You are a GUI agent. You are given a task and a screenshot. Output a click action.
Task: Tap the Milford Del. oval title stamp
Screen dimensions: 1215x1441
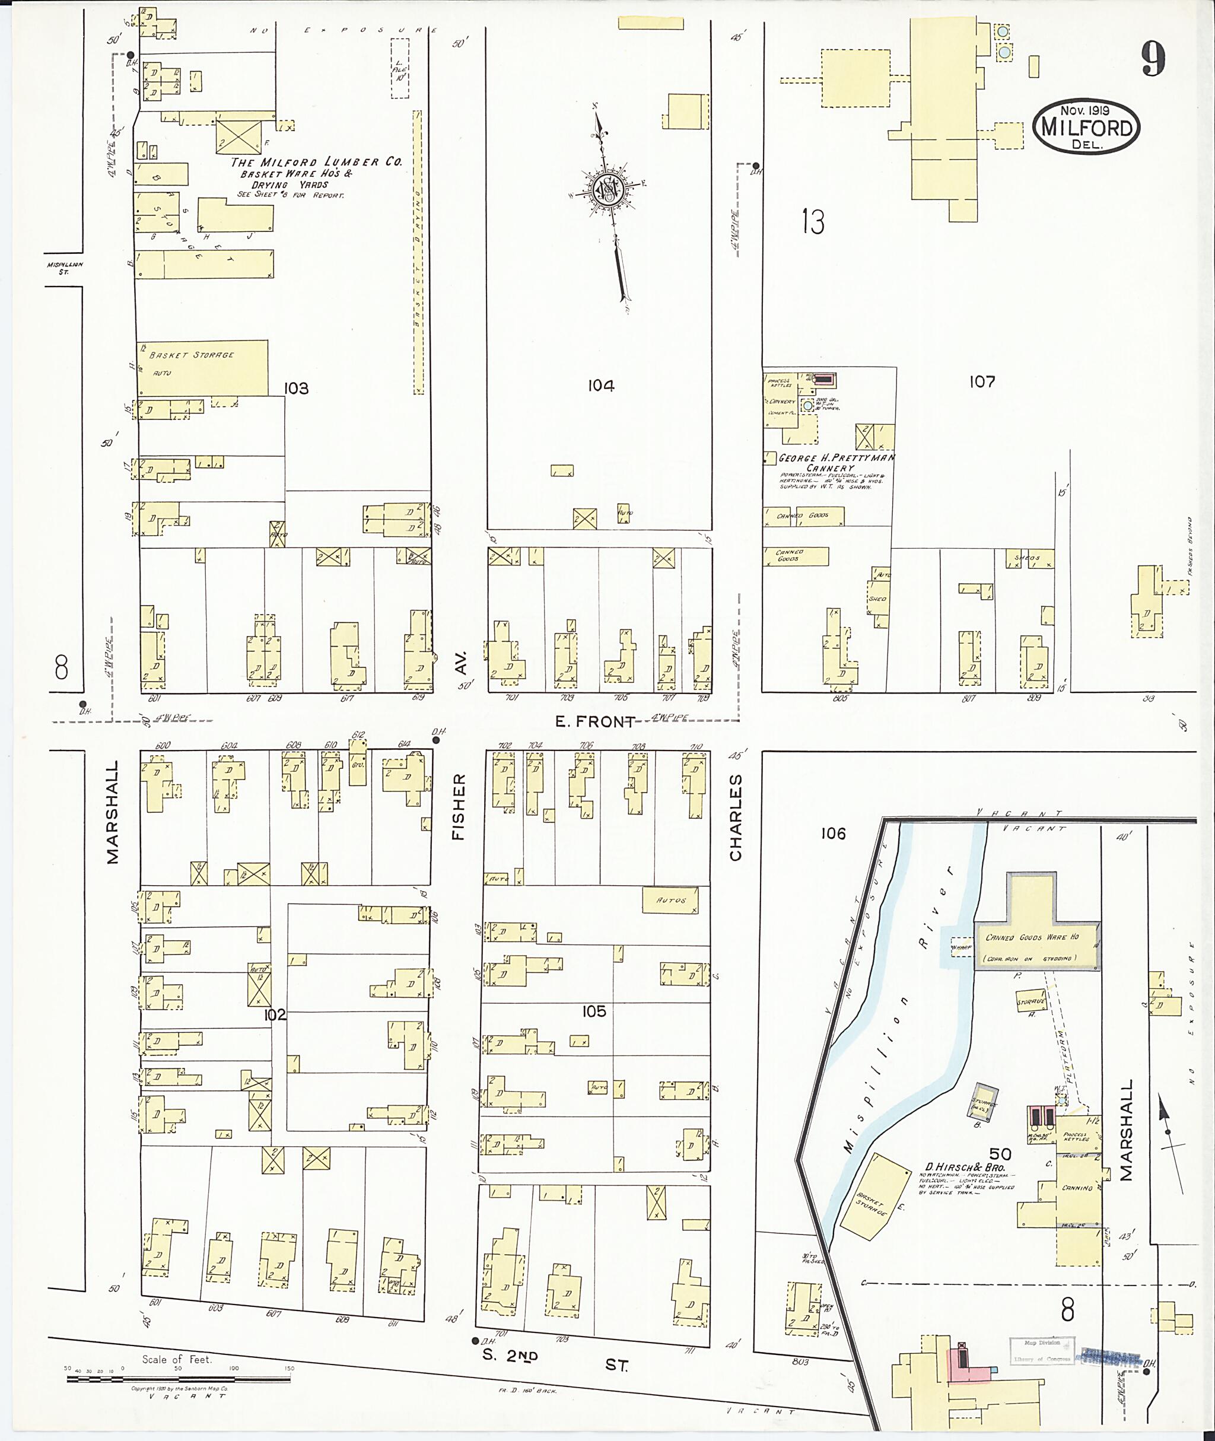[x=1086, y=128]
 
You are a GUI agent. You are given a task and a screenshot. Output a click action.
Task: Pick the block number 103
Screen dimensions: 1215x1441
[x=296, y=389]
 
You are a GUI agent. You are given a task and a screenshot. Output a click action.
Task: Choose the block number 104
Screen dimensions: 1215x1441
[x=600, y=386]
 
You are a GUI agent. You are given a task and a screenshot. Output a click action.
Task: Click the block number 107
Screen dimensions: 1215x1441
[x=981, y=381]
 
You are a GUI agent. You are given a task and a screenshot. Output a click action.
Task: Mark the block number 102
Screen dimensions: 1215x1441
[x=275, y=1014]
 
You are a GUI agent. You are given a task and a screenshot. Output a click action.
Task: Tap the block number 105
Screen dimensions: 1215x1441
[x=594, y=1011]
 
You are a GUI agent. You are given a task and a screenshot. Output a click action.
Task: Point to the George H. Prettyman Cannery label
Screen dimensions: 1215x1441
[x=836, y=462]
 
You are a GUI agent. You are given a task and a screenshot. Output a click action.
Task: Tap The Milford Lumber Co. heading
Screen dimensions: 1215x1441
[x=316, y=162]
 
